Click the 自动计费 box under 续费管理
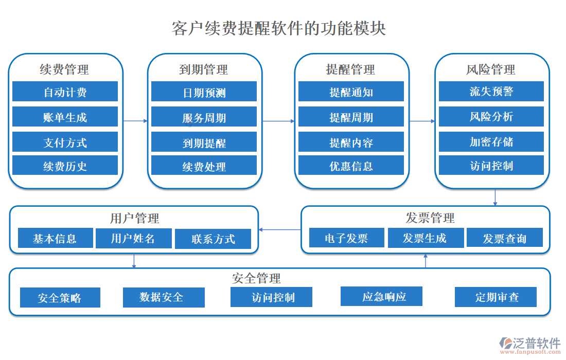(x=65, y=92)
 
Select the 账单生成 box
(x=65, y=117)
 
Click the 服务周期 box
(x=204, y=117)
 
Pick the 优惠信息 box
(x=351, y=166)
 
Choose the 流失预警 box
(x=491, y=91)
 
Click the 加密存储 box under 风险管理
(x=491, y=141)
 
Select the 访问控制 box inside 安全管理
(x=271, y=297)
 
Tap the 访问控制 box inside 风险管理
(x=491, y=166)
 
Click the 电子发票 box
(x=346, y=238)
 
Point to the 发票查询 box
(x=504, y=238)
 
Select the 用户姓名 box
(x=133, y=238)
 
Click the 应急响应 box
(x=381, y=296)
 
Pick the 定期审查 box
(x=496, y=297)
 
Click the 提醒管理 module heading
(x=351, y=69)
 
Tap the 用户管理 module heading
(x=134, y=218)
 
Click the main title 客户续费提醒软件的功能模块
(x=278, y=28)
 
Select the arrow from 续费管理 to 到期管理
(x=135, y=121)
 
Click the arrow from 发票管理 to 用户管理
(x=279, y=229)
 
